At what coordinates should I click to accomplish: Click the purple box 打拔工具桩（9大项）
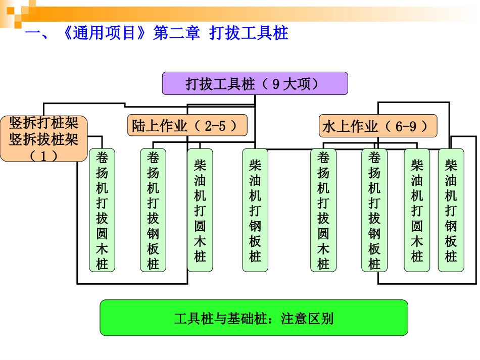[255, 83]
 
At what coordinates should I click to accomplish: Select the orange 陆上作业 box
[187, 126]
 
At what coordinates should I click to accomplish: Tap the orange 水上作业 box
[378, 126]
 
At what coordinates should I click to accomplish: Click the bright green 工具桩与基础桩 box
[254, 318]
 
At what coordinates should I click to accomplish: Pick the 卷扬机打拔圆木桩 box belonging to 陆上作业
[102, 210]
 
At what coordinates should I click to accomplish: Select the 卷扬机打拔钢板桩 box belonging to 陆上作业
[153, 210]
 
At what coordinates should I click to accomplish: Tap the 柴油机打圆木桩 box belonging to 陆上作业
[200, 210]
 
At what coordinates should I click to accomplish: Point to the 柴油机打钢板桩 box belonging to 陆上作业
[255, 210]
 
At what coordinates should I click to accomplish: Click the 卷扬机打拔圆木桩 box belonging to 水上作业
[323, 210]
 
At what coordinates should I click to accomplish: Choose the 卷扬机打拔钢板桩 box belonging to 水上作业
[374, 210]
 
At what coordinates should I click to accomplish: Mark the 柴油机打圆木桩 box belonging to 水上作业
[417, 210]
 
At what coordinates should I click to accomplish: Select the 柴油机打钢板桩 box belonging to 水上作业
[451, 210]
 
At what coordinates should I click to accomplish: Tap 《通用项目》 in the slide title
[105, 34]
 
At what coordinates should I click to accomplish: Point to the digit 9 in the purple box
[276, 84]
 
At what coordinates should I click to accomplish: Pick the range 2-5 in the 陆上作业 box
[215, 126]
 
